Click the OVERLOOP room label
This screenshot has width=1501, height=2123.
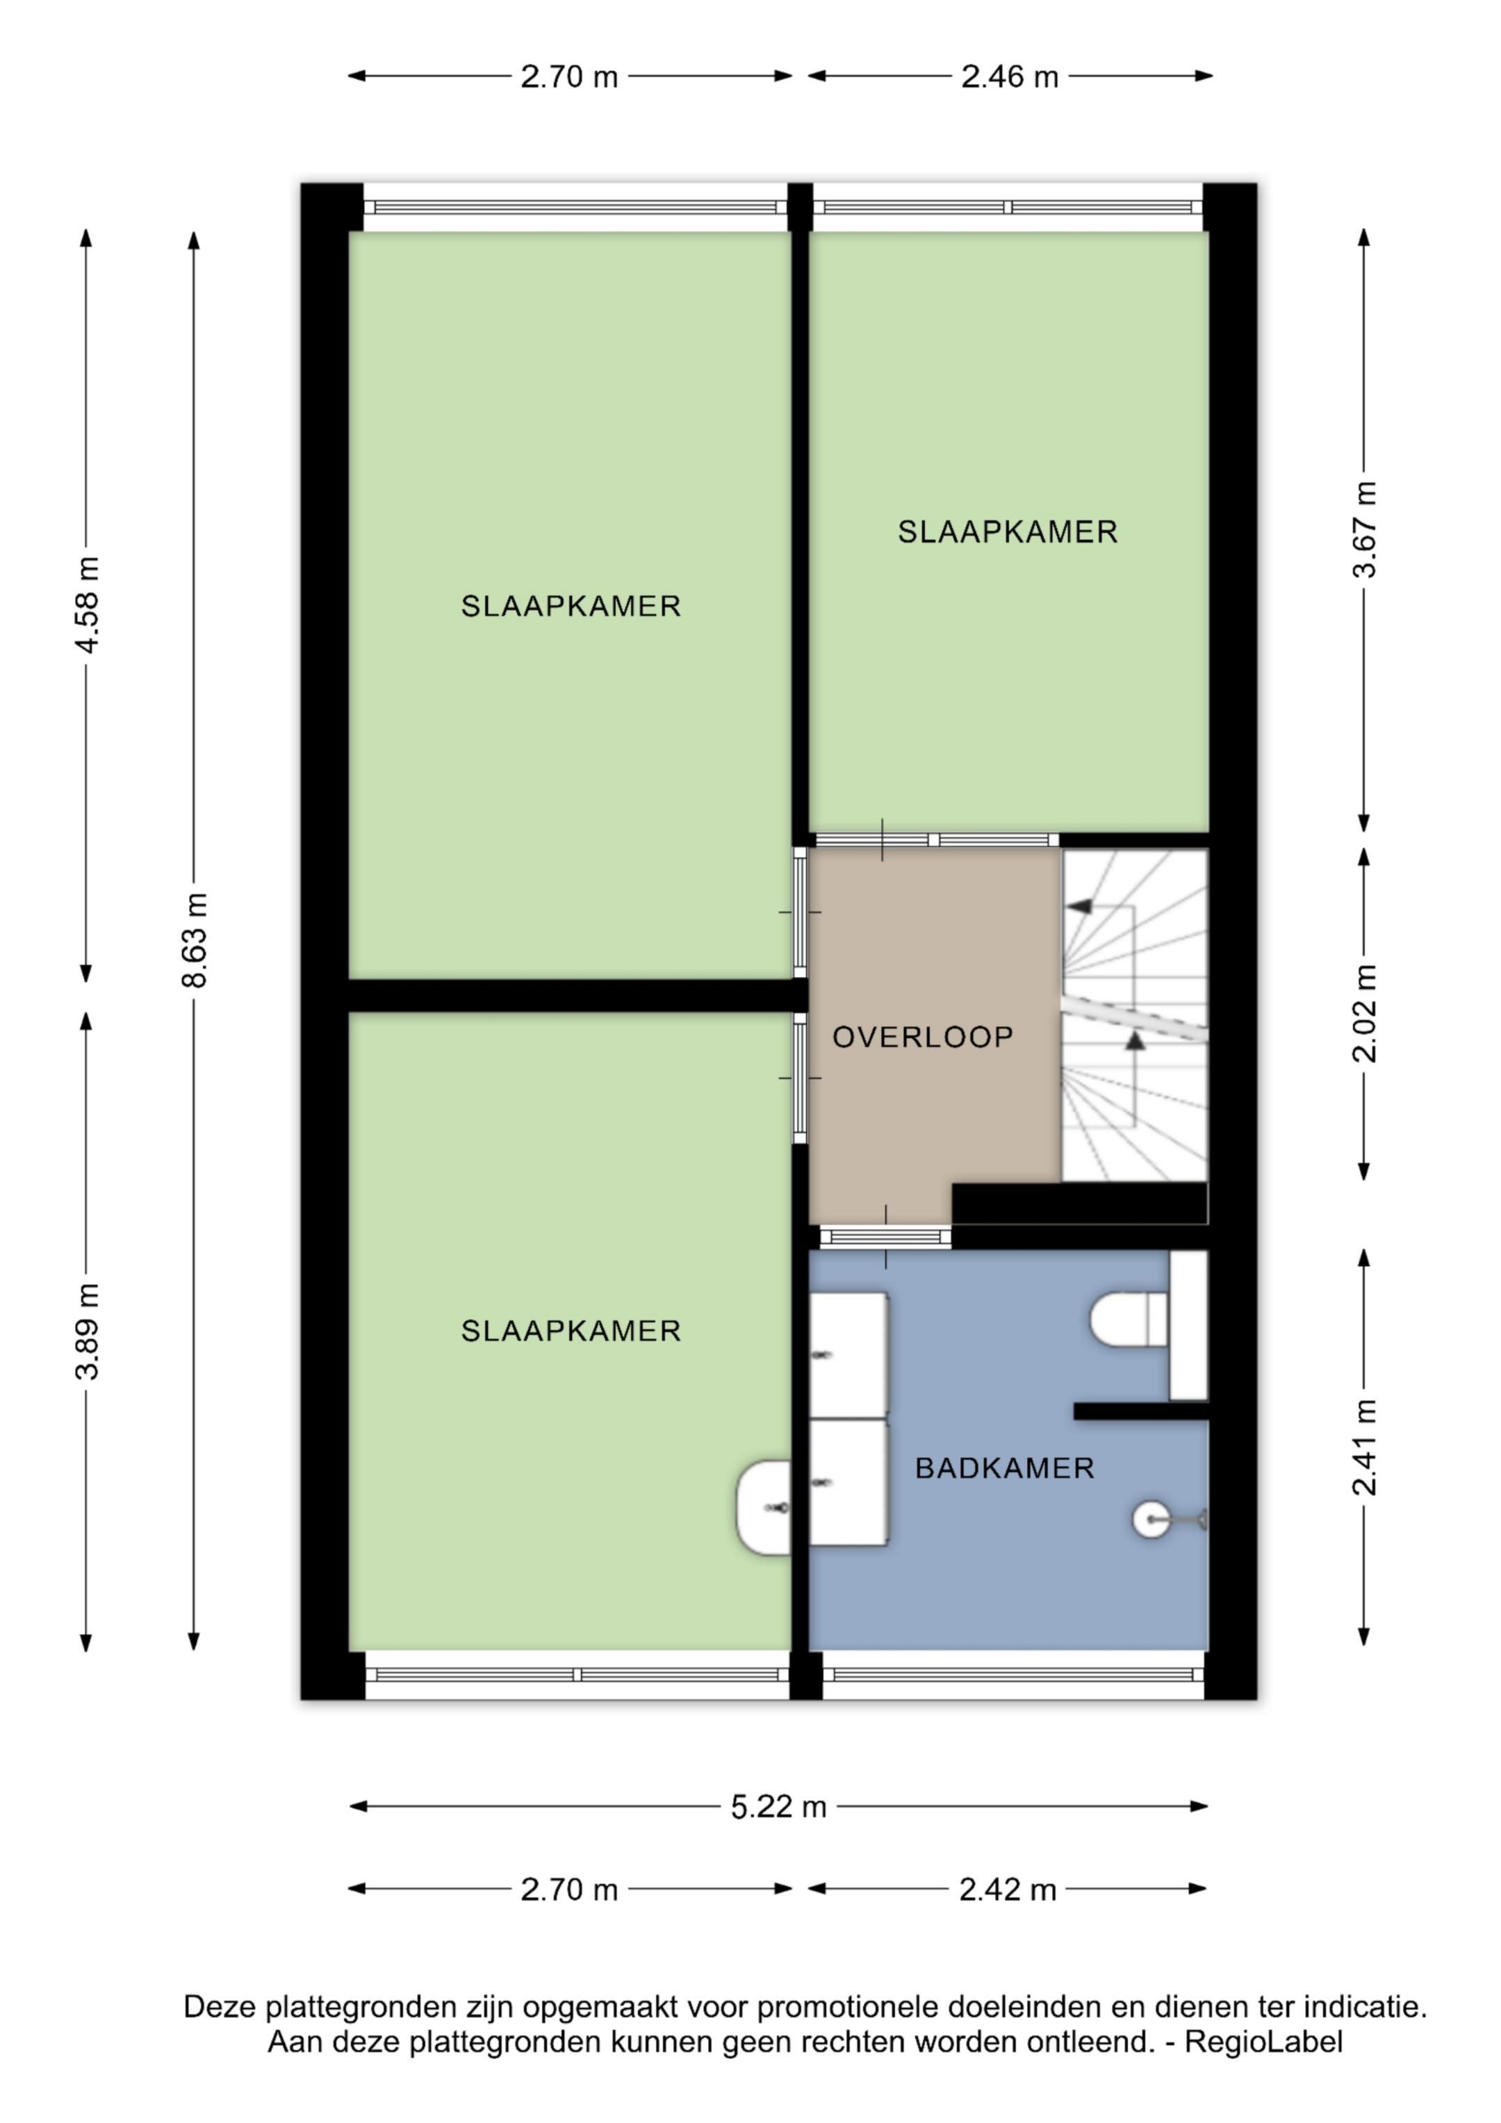point(922,1037)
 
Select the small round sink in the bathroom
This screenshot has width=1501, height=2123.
point(1151,1519)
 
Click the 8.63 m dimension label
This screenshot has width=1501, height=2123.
point(195,940)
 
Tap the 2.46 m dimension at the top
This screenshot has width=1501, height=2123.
point(1009,76)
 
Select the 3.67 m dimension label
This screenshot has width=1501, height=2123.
point(1364,530)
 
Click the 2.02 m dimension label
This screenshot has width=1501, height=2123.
point(1364,1013)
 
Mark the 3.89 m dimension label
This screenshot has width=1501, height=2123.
point(87,1331)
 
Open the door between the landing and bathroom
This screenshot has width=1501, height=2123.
point(885,1237)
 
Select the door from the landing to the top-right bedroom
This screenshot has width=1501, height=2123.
point(936,839)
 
